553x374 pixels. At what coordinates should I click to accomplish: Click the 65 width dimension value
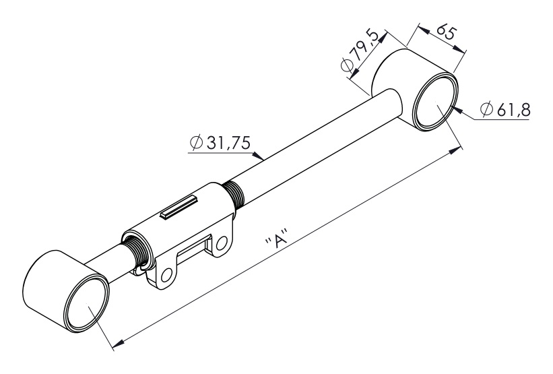point(447,32)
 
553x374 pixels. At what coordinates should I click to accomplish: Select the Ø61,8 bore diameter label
point(505,109)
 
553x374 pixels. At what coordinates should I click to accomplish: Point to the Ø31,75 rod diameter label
point(220,142)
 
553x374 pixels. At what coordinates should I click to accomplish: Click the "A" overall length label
point(277,239)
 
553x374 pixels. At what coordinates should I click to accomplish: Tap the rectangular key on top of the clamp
point(178,207)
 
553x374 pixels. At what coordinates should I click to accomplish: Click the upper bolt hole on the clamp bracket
point(222,243)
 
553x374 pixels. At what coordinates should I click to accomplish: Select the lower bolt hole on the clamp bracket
point(166,275)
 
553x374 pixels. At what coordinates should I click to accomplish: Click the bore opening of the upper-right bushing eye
point(434,102)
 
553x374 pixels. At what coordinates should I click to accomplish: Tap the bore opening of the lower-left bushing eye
point(86,303)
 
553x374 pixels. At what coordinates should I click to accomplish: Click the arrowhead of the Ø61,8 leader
point(457,111)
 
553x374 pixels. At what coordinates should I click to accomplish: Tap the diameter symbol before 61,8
point(486,109)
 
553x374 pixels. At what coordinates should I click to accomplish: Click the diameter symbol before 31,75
point(196,142)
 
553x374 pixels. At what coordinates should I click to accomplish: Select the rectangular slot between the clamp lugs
point(193,251)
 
